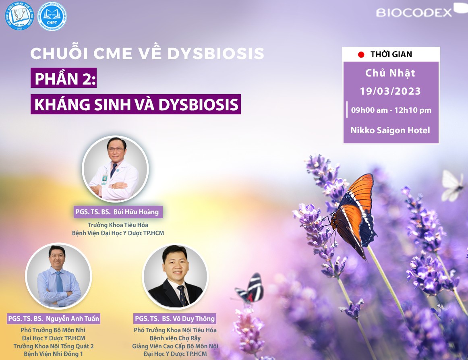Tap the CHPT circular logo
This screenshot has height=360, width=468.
pyautogui.click(x=52, y=17)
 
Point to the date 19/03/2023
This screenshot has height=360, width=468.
pyautogui.click(x=390, y=91)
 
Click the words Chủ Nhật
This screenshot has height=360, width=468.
pyautogui.click(x=390, y=73)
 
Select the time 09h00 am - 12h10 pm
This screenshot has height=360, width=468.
pyautogui.click(x=391, y=110)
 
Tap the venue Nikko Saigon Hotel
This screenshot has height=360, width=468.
pyautogui.click(x=390, y=130)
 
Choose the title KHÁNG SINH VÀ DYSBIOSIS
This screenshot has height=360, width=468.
pyautogui.click(x=136, y=104)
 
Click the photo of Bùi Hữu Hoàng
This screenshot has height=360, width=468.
pyautogui.click(x=115, y=168)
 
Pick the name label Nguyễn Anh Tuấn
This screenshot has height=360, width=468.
pyautogui.click(x=54, y=319)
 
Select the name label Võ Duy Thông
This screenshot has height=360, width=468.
pyautogui.click(x=175, y=319)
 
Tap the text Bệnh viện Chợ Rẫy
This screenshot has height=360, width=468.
pyautogui.click(x=175, y=338)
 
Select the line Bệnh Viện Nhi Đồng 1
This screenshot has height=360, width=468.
pyautogui.click(x=54, y=354)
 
